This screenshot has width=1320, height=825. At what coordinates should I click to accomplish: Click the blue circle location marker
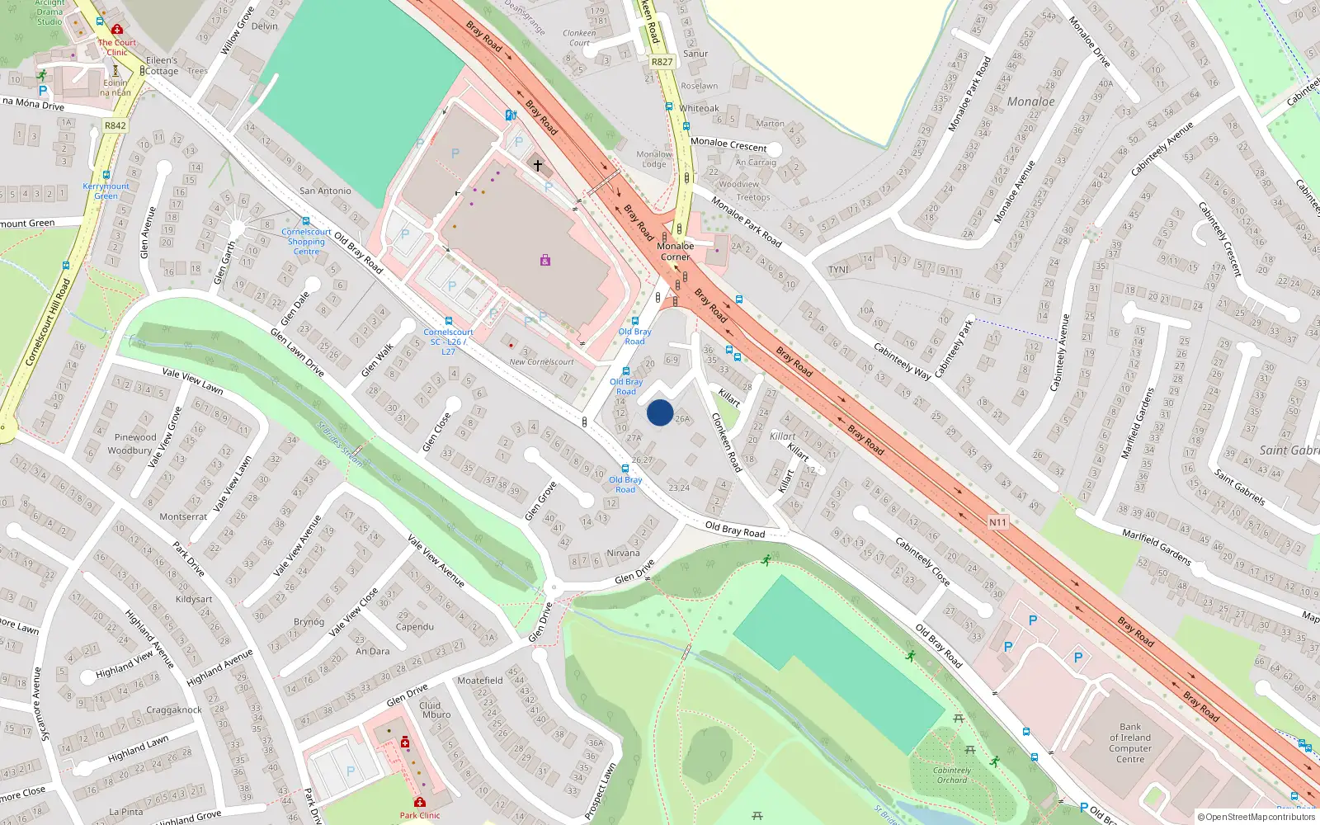(x=660, y=412)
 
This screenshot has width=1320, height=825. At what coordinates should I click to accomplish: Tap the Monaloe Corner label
(x=675, y=252)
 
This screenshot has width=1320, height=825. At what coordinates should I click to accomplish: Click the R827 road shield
(x=662, y=62)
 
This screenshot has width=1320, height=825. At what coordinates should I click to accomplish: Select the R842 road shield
(x=115, y=126)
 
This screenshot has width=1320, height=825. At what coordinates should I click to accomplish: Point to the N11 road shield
(x=997, y=522)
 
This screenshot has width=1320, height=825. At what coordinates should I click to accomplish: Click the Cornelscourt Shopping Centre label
(x=306, y=242)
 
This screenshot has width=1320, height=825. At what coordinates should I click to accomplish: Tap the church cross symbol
(x=538, y=166)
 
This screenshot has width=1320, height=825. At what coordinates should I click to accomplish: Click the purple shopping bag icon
(x=545, y=260)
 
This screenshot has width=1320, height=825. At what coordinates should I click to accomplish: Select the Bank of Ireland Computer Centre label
(x=1130, y=743)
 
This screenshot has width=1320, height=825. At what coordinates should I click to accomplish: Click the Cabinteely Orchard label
(x=952, y=775)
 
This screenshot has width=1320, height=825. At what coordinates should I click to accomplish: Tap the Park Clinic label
(x=420, y=815)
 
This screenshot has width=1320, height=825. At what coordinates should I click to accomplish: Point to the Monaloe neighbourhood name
(x=1030, y=101)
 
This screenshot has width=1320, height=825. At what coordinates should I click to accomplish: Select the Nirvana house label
(x=623, y=553)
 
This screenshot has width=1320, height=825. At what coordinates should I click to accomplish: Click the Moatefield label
(x=479, y=681)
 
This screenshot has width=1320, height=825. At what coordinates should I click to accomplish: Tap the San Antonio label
(x=325, y=191)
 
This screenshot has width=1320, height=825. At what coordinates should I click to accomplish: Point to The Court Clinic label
(x=116, y=47)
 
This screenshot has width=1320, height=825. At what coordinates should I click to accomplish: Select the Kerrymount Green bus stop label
(x=106, y=191)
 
